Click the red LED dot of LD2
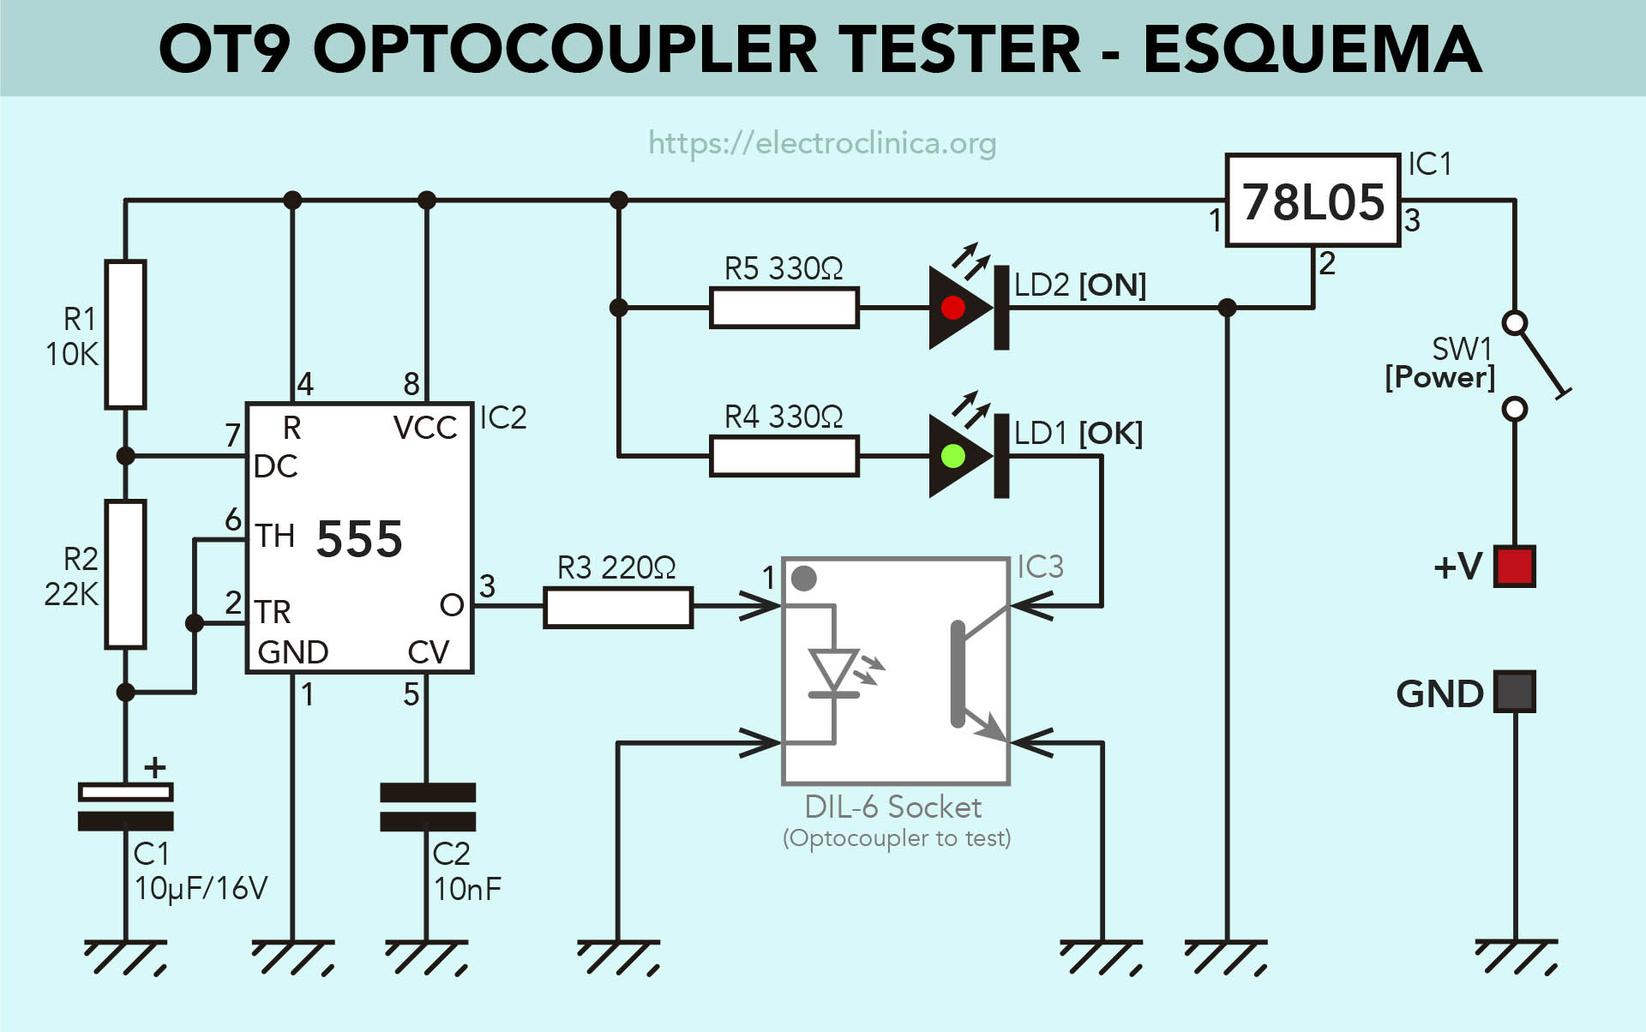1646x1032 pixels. pyautogui.click(x=952, y=308)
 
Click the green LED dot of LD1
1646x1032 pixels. pyautogui.click(x=952, y=456)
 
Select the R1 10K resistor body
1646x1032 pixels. pyautogui.click(x=125, y=334)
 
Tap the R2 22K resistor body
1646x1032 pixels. pyautogui.click(x=125, y=574)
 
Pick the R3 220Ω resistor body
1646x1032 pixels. pyautogui.click(x=617, y=607)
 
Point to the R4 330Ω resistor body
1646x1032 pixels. pyautogui.click(x=784, y=456)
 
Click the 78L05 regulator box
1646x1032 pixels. pyautogui.click(x=1313, y=201)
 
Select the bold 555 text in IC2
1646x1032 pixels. pyautogui.click(x=359, y=539)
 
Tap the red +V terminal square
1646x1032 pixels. pyautogui.click(x=1514, y=567)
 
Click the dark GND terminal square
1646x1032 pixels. pyautogui.click(x=1514, y=692)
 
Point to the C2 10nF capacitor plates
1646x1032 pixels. pyautogui.click(x=427, y=807)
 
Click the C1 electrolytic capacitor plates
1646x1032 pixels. pyautogui.click(x=125, y=807)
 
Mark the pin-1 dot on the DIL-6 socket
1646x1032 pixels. pyautogui.click(x=803, y=579)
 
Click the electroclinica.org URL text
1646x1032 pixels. pyautogui.click(x=821, y=142)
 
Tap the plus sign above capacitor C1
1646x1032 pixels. pyautogui.click(x=155, y=767)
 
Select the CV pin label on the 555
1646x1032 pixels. pyautogui.click(x=428, y=652)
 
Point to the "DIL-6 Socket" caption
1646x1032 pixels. pyautogui.click(x=892, y=807)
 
